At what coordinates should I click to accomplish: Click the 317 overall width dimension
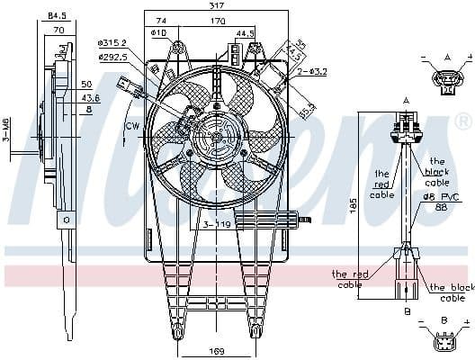(215, 5)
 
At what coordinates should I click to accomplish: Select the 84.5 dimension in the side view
(57, 15)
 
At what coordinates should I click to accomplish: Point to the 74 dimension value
(161, 20)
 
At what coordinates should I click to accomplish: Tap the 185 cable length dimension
(354, 205)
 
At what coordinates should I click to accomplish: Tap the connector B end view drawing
(444, 342)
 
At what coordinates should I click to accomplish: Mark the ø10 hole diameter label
(160, 33)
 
